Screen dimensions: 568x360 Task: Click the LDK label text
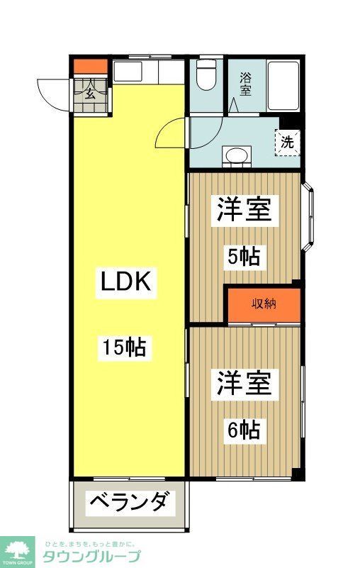[124, 282]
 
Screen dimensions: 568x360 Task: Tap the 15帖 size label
[124, 347]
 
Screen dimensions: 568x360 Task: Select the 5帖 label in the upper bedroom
[243, 255]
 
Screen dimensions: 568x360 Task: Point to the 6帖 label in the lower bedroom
[243, 429]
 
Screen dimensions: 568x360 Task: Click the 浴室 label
[244, 84]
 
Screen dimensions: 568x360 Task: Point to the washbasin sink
[236, 155]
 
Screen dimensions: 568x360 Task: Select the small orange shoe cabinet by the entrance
[90, 68]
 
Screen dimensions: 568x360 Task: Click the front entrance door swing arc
[53, 92]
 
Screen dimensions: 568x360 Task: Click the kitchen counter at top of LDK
[147, 72]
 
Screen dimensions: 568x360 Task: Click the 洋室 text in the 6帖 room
[243, 385]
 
